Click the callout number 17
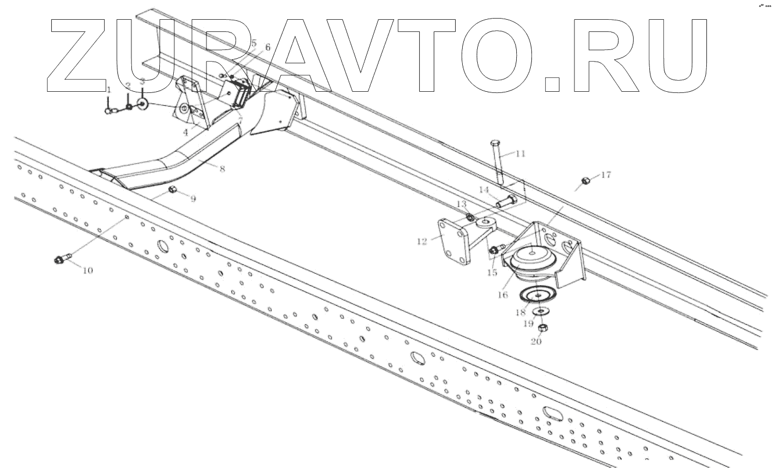point(606,175)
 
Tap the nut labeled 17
point(586,181)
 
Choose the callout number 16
point(502,295)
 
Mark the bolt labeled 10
point(62,259)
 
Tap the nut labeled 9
point(173,189)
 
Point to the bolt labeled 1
point(108,110)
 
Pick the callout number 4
point(186,132)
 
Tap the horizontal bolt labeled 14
point(507,202)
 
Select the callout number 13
point(462,204)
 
